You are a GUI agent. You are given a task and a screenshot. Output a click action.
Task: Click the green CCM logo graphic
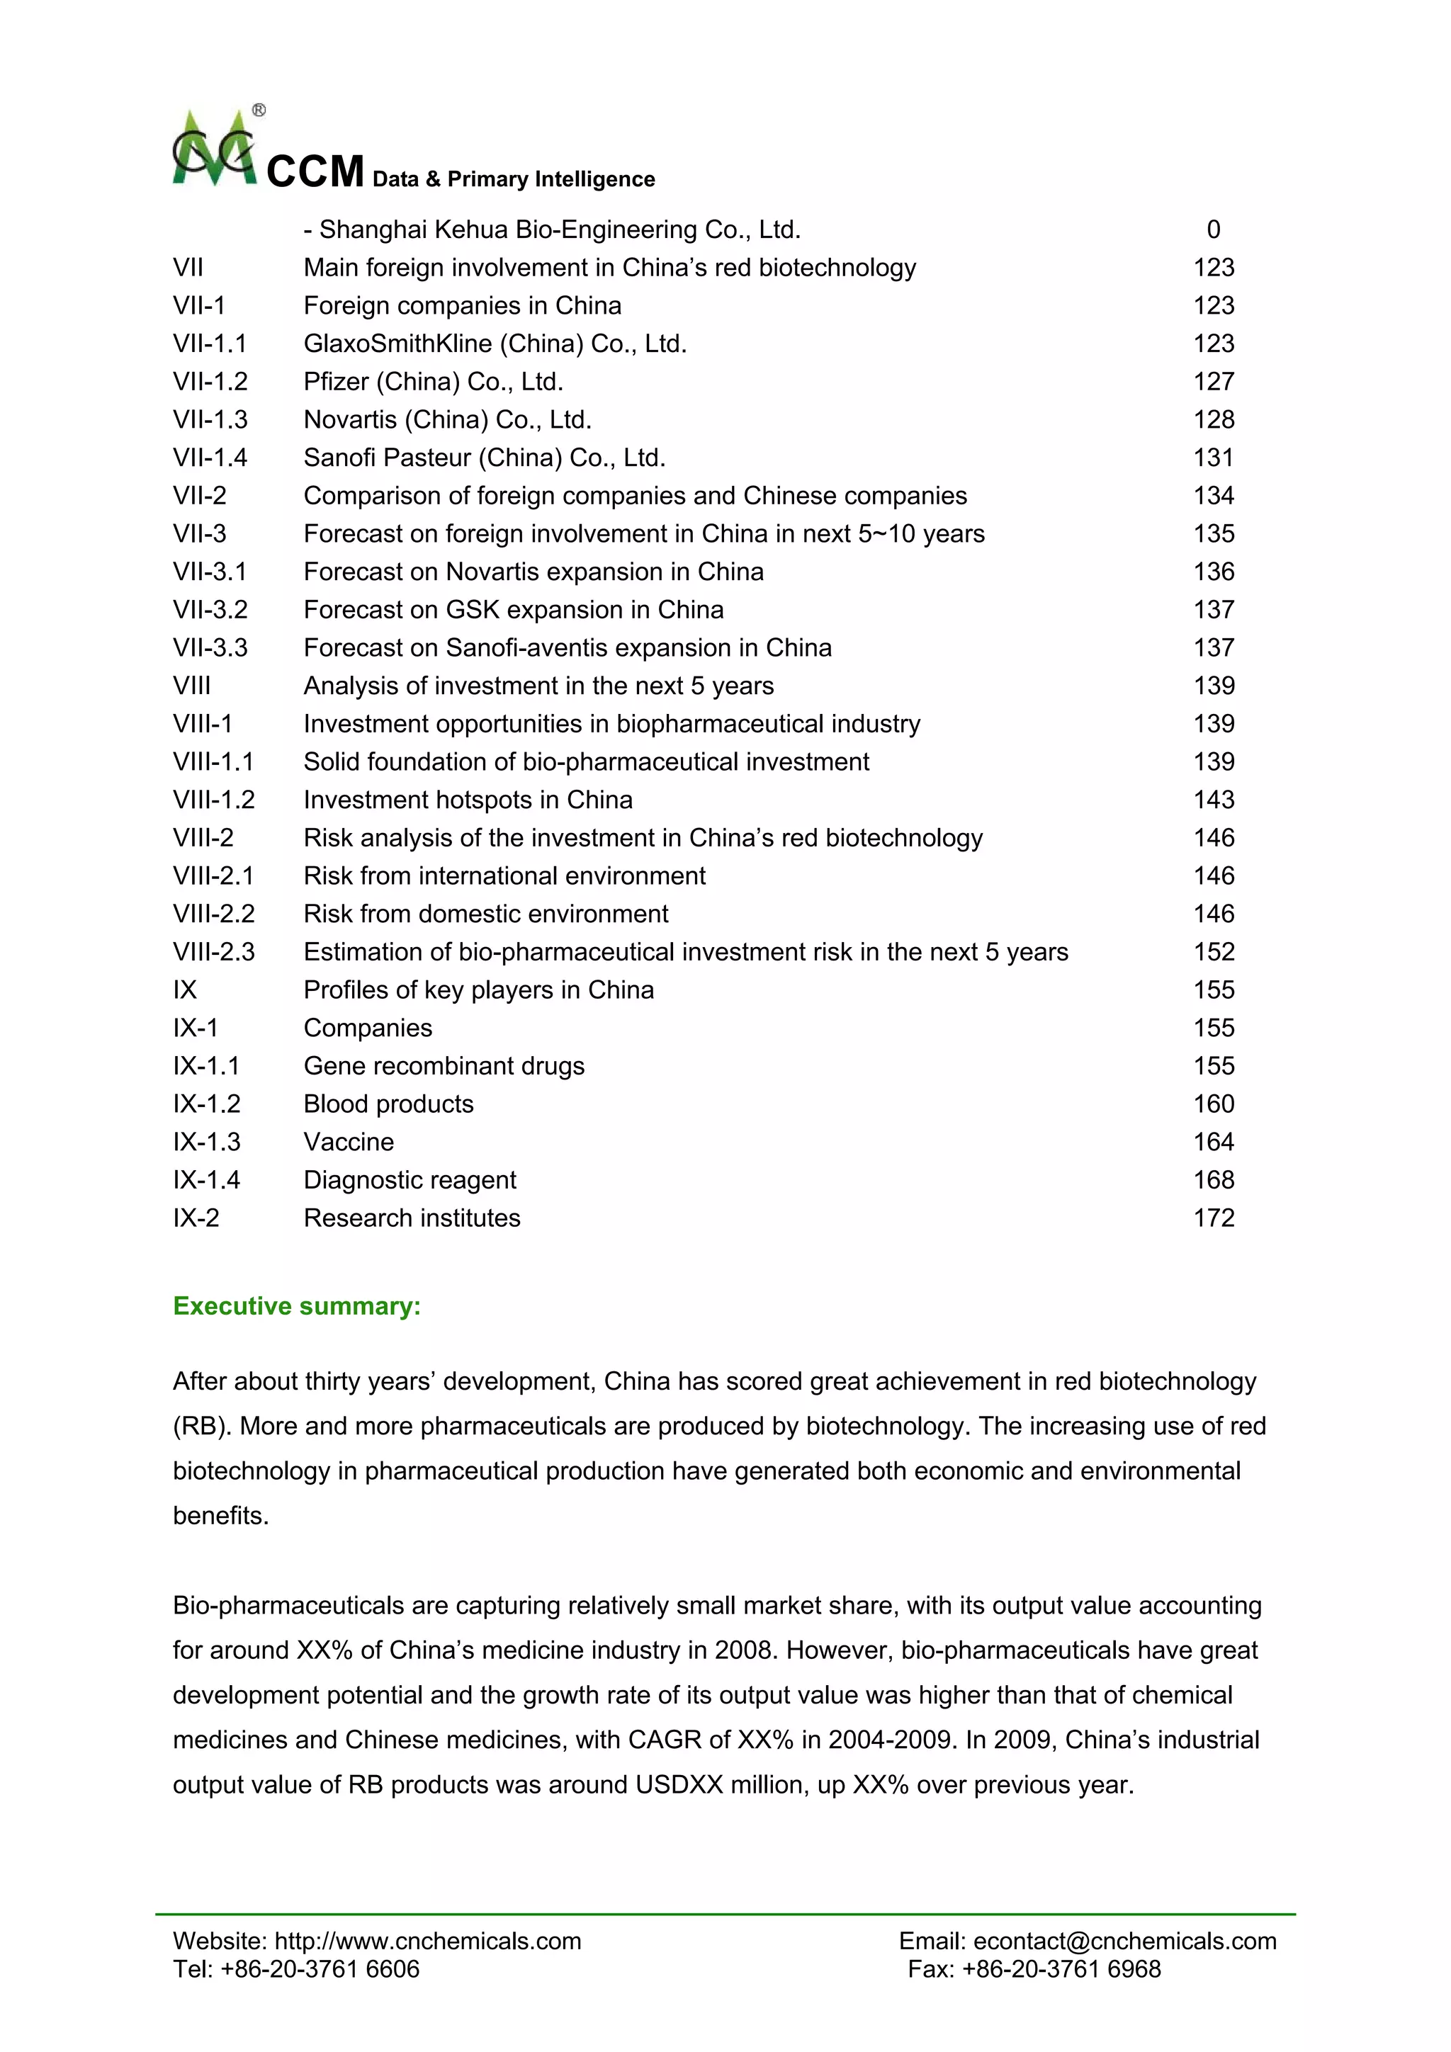pos(215,150)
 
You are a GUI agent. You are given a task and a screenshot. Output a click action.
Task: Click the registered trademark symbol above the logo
pos(259,110)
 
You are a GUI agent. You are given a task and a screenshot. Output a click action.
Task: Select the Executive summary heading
pos(297,1305)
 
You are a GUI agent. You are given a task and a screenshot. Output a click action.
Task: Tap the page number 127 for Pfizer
pos(1213,382)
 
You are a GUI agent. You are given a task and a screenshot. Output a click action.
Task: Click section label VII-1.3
pos(210,419)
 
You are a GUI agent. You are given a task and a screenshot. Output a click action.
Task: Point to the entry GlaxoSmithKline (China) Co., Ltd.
pos(495,344)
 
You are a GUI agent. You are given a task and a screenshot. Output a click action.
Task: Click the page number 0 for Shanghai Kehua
pos(1213,229)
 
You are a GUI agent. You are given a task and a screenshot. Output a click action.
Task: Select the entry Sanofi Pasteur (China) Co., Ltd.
pos(484,458)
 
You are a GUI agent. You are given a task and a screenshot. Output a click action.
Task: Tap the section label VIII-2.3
pos(214,952)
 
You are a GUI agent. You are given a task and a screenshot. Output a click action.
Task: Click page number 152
pos(1213,952)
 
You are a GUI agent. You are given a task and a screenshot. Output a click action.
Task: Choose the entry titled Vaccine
pos(349,1143)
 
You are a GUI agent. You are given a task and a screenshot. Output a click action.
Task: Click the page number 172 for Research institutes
pos(1213,1218)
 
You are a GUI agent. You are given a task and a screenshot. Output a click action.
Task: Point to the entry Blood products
pos(388,1104)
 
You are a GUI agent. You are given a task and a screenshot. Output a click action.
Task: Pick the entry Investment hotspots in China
pos(468,800)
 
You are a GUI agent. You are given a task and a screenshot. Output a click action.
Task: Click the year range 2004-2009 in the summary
pos(891,1739)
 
